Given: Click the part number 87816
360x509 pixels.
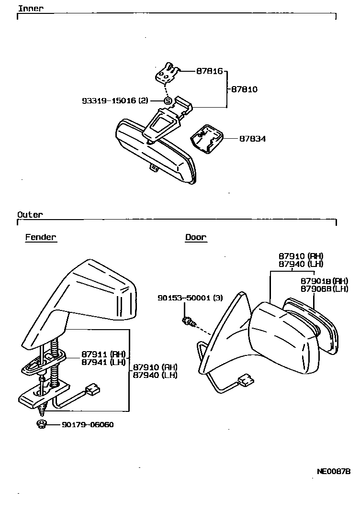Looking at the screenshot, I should [209, 71].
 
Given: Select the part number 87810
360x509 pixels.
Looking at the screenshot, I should [244, 89].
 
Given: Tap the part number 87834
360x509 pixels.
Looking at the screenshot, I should [252, 139].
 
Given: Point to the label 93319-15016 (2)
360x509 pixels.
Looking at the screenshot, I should [115, 101].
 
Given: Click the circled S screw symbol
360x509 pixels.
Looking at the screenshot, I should [168, 101].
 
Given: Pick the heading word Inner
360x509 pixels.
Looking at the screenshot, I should [30, 8].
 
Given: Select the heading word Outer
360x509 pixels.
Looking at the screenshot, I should [30, 215].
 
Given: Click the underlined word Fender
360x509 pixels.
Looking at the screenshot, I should [41, 237].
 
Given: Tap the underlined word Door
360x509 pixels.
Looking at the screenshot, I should [196, 237].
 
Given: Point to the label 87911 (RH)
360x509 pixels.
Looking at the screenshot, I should [103, 354].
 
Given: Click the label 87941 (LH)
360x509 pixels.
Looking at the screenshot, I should [103, 362].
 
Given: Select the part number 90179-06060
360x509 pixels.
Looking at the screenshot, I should [88, 424].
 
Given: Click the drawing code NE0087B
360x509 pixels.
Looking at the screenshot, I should [334, 471].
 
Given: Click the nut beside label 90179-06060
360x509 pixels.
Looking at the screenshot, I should [42, 423].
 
